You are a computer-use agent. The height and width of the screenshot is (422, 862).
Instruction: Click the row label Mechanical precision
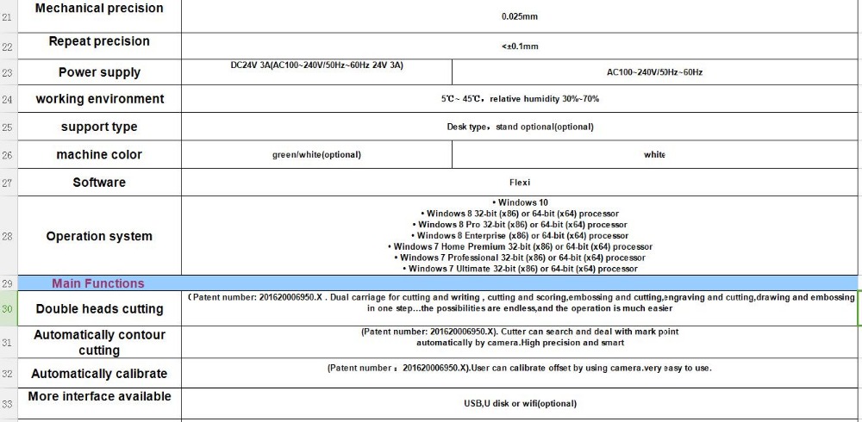[99, 9]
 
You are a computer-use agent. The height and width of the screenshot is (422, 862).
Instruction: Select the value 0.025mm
[520, 16]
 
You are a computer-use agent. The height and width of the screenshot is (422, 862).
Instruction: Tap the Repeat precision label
[99, 41]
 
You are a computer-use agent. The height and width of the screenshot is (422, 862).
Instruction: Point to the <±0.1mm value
[520, 47]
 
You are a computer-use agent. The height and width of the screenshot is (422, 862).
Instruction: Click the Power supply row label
[99, 72]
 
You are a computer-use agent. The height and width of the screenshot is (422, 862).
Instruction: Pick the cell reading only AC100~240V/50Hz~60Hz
[654, 72]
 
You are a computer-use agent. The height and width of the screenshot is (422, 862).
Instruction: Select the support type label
[99, 127]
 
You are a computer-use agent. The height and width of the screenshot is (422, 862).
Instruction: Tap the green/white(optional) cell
[316, 155]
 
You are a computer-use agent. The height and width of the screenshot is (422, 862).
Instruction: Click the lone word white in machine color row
[654, 155]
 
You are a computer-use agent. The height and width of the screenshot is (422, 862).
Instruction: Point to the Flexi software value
[520, 183]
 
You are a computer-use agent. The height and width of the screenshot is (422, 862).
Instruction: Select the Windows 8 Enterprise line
[520, 235]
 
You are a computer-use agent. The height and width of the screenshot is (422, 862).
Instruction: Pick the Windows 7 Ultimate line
[520, 269]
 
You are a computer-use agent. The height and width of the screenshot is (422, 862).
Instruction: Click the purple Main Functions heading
[98, 283]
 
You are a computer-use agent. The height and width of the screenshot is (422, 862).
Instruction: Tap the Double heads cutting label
[99, 309]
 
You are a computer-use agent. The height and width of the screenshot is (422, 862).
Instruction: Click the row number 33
[8, 403]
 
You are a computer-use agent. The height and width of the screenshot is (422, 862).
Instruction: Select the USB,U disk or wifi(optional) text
[520, 403]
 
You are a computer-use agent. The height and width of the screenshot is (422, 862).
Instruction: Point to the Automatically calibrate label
[99, 374]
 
